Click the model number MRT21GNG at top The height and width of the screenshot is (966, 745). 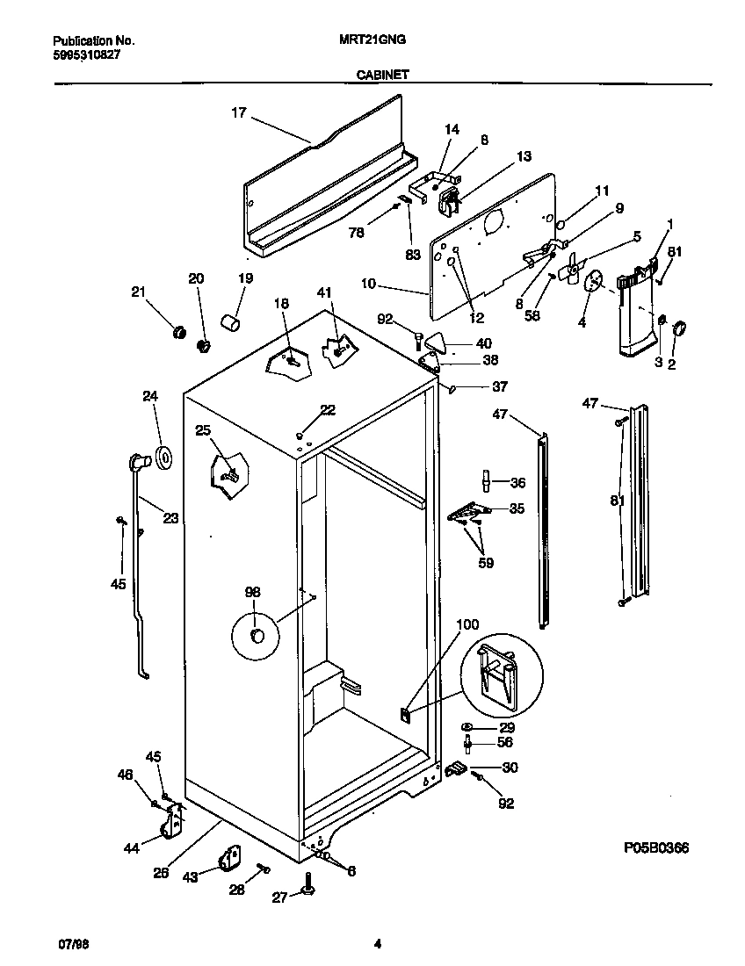[372, 40]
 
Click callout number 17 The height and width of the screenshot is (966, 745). [239, 112]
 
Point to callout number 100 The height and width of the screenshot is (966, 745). [468, 624]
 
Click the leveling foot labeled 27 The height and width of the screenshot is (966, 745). [309, 889]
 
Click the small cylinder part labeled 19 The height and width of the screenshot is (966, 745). [230, 325]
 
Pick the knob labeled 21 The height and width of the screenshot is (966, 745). [178, 331]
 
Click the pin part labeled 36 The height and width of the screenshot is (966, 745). [485, 481]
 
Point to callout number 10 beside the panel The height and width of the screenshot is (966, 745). [368, 284]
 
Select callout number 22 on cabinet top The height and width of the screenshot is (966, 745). [327, 410]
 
